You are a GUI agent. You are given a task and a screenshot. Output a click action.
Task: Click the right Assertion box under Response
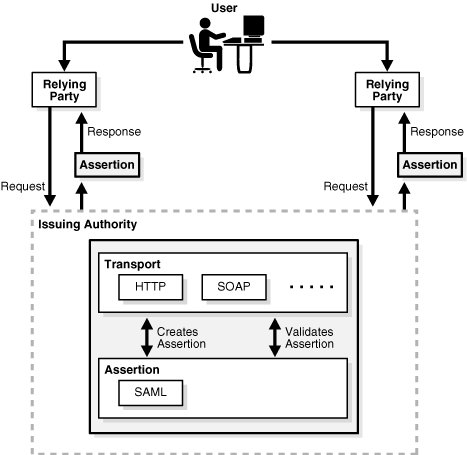click(x=429, y=163)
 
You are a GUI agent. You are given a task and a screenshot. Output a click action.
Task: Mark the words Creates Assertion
click(x=183, y=337)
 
